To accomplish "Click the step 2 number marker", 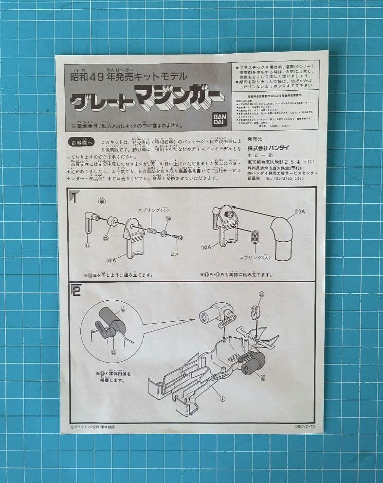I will pyautogui.click(x=76, y=291).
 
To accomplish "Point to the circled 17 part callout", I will pyautogui.click(x=88, y=245).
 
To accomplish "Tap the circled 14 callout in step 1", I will pyautogui.click(x=168, y=219).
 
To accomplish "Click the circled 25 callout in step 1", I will pyautogui.click(x=107, y=238).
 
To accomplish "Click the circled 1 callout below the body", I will pyautogui.click(x=222, y=398).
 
